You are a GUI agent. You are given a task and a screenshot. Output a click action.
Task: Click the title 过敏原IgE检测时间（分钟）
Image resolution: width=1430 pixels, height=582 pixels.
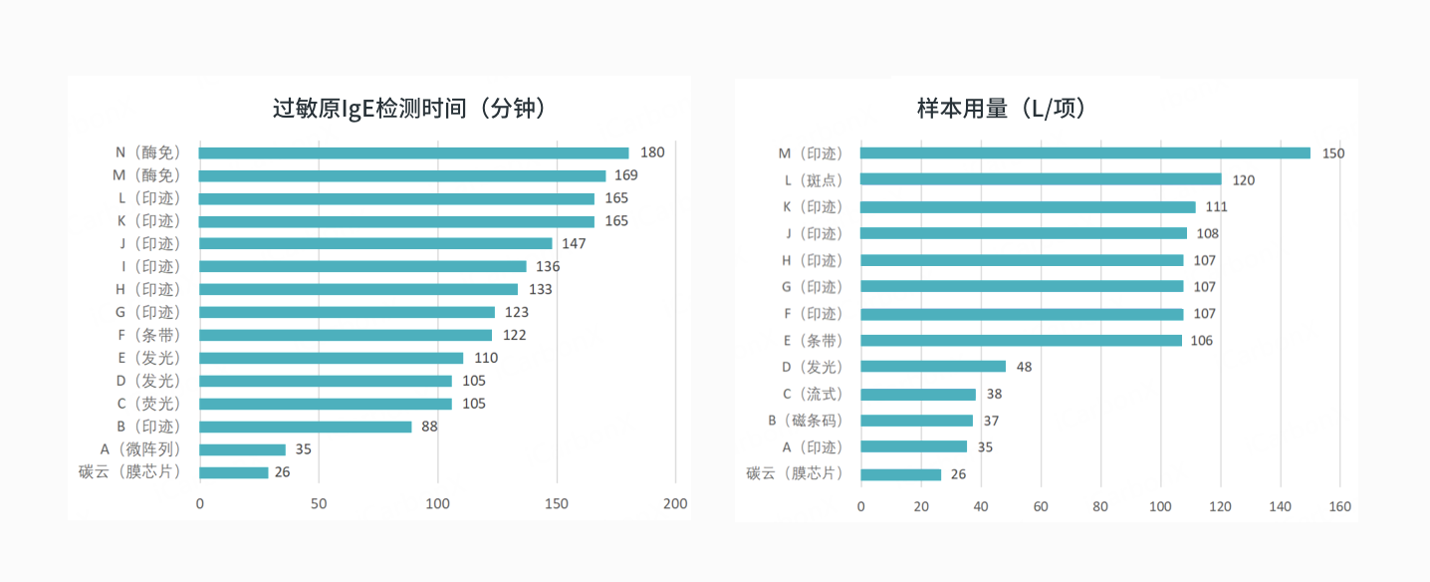coord(409,109)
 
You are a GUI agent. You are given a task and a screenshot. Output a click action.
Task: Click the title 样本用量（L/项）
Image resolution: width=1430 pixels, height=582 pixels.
coord(1002,109)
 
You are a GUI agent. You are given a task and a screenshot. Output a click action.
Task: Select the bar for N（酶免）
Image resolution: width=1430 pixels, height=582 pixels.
coord(413,152)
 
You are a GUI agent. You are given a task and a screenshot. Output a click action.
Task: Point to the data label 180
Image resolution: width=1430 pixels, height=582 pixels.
coord(652,152)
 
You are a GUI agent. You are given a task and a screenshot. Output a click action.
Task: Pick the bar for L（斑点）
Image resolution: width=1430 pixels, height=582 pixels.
coord(1041,179)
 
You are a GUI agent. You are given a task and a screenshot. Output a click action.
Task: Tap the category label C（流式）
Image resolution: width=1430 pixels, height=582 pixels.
coord(812,394)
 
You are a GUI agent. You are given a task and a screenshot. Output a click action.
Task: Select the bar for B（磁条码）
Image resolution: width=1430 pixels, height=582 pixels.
coord(916,421)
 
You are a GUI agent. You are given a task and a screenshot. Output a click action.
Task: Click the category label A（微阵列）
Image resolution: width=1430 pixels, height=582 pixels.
coord(140,449)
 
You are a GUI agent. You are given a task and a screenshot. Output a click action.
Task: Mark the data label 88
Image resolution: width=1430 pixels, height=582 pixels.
coord(429,427)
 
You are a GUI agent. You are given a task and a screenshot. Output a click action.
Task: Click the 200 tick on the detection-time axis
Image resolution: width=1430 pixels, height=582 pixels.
coord(675,504)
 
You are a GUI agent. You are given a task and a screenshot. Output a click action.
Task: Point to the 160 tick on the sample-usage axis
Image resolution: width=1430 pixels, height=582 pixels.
coord(1339,507)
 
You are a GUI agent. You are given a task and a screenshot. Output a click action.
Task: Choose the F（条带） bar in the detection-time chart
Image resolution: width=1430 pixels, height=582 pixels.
coord(345,335)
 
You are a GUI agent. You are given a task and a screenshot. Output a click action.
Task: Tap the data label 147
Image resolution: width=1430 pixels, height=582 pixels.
coord(574,243)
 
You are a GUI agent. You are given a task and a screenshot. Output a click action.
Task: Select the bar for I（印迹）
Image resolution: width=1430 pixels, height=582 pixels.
coord(362,266)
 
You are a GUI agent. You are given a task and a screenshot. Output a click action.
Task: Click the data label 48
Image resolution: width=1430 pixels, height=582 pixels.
coord(1024,367)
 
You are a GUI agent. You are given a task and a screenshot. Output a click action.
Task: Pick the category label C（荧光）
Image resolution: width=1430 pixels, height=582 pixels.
coord(146,404)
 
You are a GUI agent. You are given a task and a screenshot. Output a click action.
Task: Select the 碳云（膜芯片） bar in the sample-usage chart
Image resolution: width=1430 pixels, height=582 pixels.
coord(900,474)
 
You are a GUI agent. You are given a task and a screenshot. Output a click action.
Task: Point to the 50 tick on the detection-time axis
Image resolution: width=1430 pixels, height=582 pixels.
coord(319,504)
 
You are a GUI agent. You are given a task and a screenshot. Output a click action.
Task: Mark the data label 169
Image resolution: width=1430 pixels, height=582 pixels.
coord(625,175)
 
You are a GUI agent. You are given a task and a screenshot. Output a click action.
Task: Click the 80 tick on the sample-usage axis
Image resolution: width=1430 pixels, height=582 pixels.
coord(1100,507)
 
